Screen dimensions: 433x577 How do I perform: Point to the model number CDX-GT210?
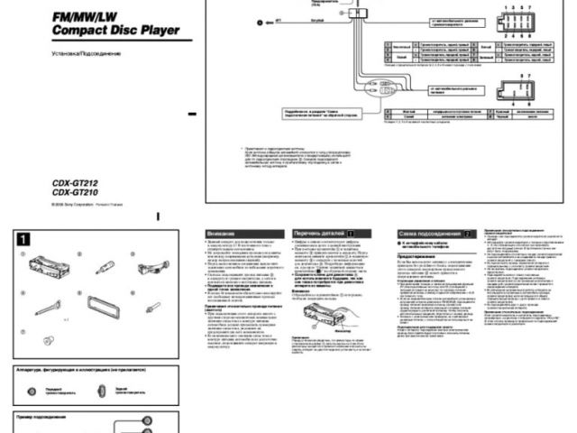click(x=74, y=190)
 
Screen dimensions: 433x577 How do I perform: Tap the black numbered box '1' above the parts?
click(x=25, y=239)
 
